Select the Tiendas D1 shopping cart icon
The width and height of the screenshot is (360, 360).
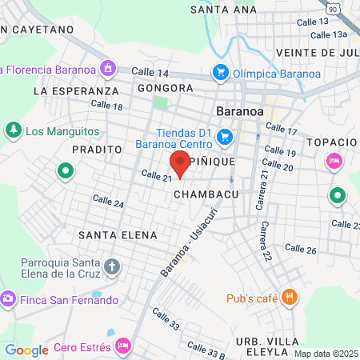tap(225, 138)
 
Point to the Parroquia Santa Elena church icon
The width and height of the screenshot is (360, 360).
tap(112, 266)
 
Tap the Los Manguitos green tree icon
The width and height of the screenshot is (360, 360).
tap(13, 130)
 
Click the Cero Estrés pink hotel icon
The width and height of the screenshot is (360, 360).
tap(123, 346)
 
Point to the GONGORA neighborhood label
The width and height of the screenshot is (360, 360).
tap(166, 88)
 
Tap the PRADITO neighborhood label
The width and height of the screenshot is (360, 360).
tap(97, 150)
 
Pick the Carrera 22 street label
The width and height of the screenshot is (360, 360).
tap(264, 242)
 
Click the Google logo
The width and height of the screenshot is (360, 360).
tap(26, 350)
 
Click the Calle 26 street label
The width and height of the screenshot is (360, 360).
tap(301, 250)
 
